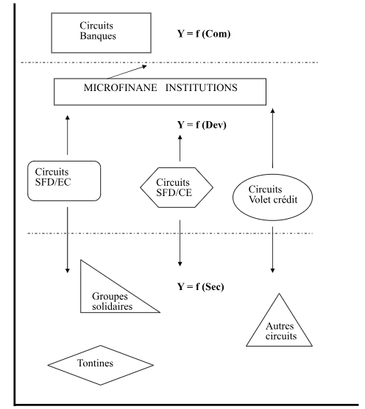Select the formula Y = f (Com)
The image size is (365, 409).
204,34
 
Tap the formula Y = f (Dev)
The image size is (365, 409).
202,125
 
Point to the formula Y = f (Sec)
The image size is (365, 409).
201,286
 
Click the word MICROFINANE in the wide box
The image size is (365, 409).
120,87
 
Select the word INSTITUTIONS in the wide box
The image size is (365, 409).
202,87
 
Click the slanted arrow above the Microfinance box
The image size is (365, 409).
127,72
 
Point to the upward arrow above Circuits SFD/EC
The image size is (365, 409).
68,135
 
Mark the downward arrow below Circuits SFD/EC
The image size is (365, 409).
68,240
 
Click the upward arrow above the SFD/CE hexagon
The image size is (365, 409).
180,148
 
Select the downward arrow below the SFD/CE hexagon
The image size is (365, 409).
180,243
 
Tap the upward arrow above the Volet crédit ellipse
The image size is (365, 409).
273,138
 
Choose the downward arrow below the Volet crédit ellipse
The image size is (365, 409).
272,250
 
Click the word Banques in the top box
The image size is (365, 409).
98,36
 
